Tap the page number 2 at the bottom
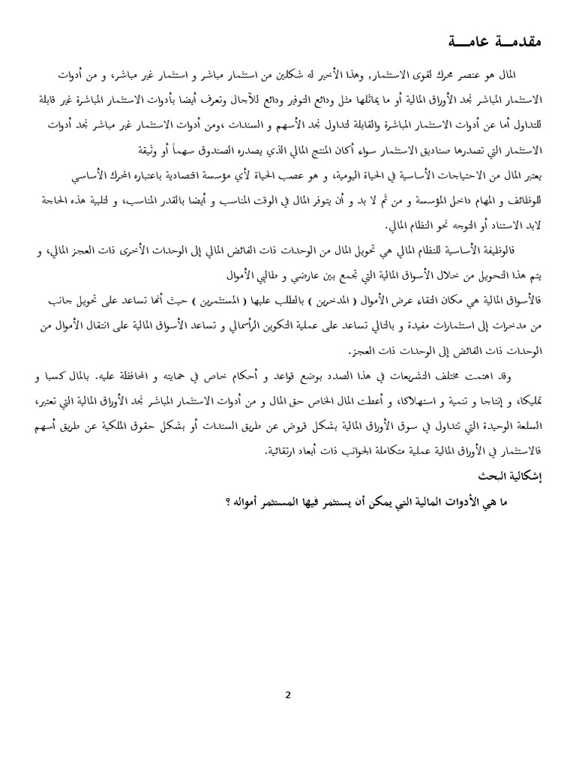(288, 694)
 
